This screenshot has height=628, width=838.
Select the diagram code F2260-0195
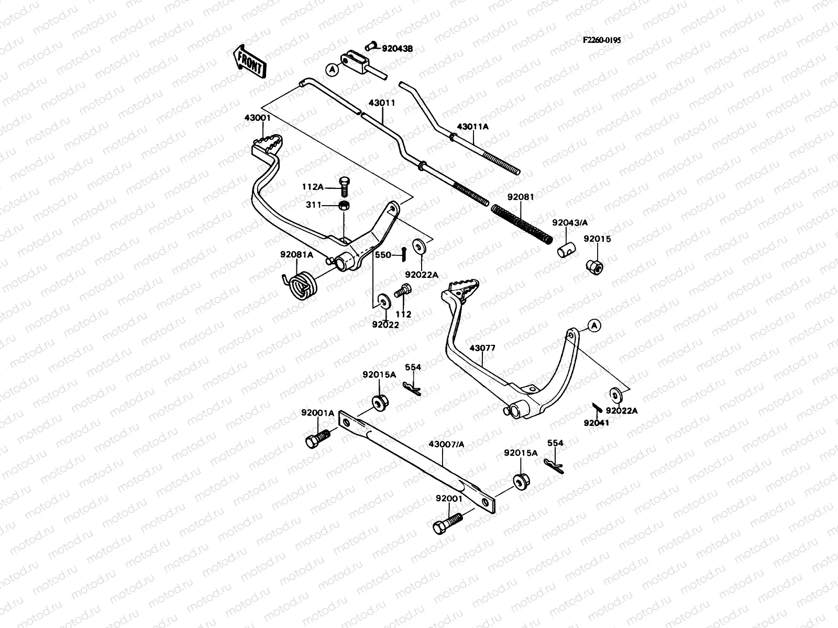[x=602, y=39]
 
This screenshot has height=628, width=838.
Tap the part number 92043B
[x=397, y=48]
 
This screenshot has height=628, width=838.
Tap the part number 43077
[x=482, y=348]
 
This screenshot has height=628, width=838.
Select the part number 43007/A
[x=446, y=444]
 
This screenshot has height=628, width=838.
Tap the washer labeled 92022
[x=382, y=301]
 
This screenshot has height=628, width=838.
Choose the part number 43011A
[x=472, y=127]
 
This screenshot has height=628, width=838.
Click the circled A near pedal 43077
[x=593, y=325]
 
